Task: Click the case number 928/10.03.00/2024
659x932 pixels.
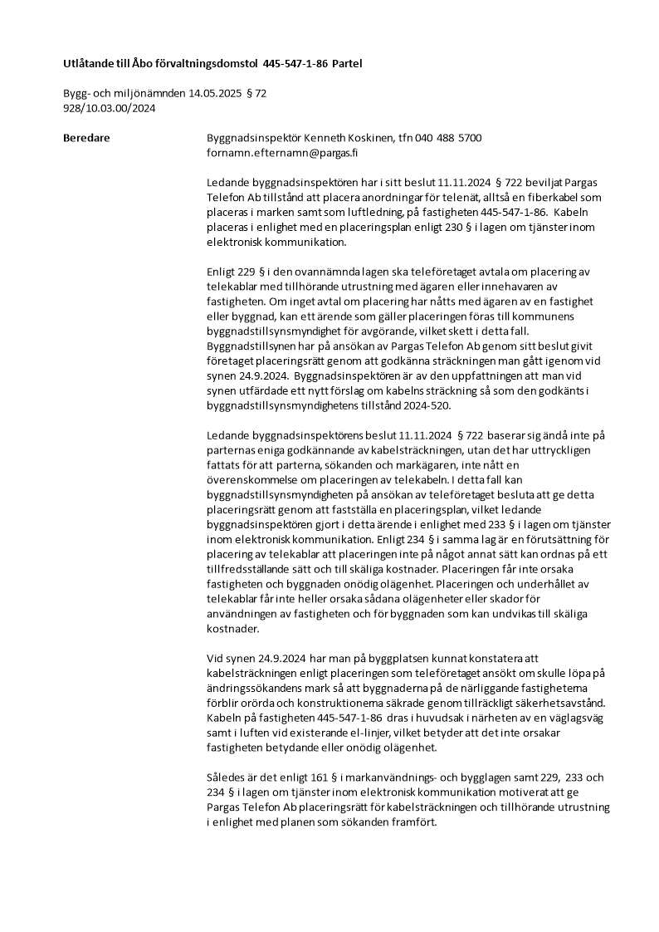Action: click(110, 108)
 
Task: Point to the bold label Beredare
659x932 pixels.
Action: click(86, 137)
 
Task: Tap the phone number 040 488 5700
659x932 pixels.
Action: click(447, 137)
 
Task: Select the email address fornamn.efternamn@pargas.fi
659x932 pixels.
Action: click(282, 153)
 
